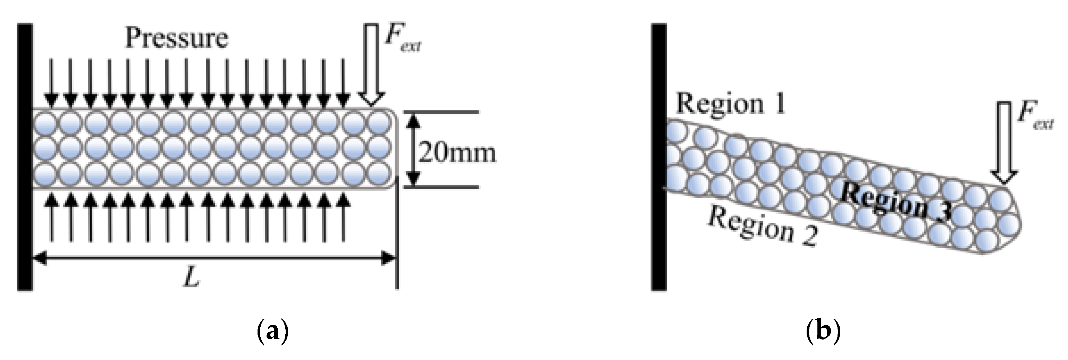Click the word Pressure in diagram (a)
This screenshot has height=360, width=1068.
coord(177,38)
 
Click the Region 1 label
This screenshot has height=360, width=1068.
coord(731,104)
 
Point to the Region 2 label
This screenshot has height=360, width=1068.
coord(763,226)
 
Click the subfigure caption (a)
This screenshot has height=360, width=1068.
coord(272,332)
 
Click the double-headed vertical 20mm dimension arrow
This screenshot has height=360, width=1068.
coord(412,149)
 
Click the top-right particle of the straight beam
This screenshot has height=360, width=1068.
coord(380,122)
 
